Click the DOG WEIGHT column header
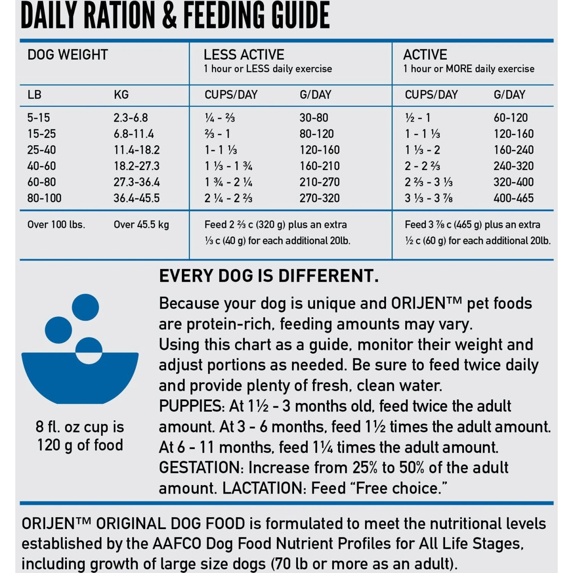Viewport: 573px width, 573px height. pyautogui.click(x=68, y=55)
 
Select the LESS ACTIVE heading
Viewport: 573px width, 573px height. pyautogui.click(x=244, y=55)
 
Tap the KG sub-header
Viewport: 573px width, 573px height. pyautogui.click(x=121, y=95)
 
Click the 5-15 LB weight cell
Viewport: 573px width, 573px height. pyautogui.click(x=39, y=118)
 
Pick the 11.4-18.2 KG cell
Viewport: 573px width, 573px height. pyautogui.click(x=136, y=150)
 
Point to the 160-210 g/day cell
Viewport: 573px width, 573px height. pyautogui.click(x=319, y=166)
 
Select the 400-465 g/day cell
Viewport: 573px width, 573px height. pyautogui.click(x=513, y=198)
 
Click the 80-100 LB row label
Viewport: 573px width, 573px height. pyautogui.click(x=44, y=198)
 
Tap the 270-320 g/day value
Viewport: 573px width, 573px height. pyautogui.click(x=319, y=198)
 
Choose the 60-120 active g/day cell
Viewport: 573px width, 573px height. pyautogui.click(x=510, y=118)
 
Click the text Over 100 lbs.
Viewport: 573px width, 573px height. pyautogui.click(x=56, y=225)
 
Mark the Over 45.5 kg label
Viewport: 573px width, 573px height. pyautogui.click(x=141, y=225)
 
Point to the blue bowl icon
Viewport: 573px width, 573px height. pyautogui.click(x=80, y=378)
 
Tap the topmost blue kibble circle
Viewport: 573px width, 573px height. pyautogui.click(x=85, y=307)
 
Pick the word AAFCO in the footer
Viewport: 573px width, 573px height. pyautogui.click(x=177, y=544)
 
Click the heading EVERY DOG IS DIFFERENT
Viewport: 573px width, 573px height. pyautogui.click(x=269, y=276)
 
